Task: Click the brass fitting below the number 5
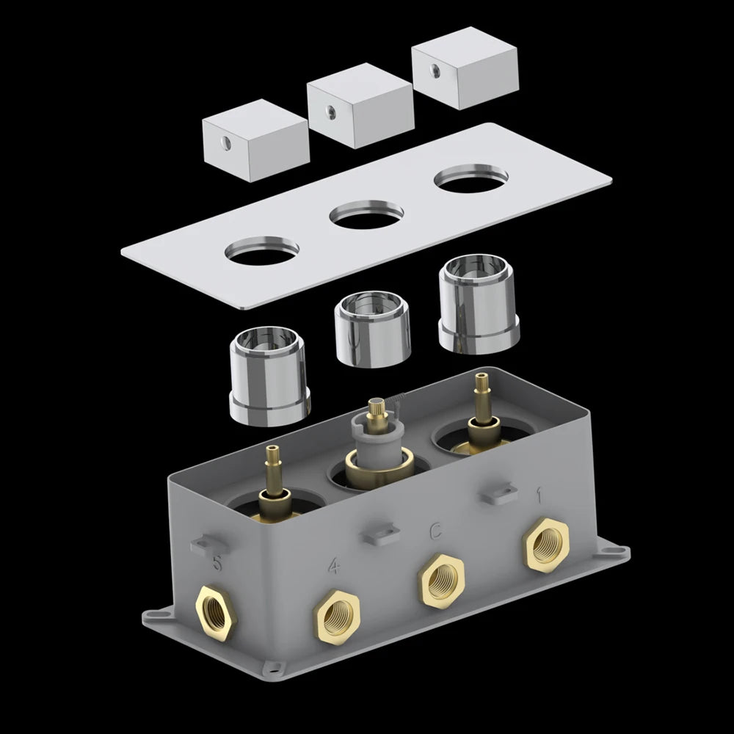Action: [x=216, y=612]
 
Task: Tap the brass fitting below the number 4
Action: [x=337, y=618]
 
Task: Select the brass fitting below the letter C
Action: [x=441, y=581]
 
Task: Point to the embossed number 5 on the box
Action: [x=217, y=562]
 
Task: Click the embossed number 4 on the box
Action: [x=333, y=567]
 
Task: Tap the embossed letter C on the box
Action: [x=435, y=531]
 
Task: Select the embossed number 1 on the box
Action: [x=539, y=495]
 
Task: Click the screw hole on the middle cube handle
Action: [x=330, y=112]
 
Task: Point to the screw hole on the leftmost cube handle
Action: [x=225, y=143]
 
